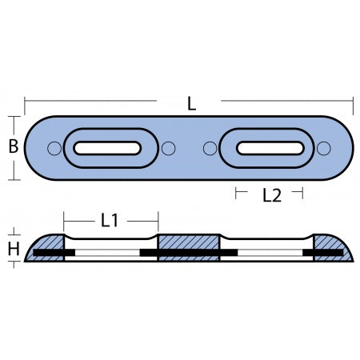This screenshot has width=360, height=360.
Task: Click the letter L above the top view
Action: click(x=192, y=103)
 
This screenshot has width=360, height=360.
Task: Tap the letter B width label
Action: click(x=12, y=147)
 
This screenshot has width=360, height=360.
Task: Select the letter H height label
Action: click(x=13, y=249)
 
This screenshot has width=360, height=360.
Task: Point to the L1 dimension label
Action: click(x=111, y=218)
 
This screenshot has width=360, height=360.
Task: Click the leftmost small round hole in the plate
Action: click(x=54, y=149)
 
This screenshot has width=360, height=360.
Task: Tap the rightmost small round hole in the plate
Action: click(x=323, y=149)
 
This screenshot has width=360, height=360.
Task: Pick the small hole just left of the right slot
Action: click(x=210, y=149)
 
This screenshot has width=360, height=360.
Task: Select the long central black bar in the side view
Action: click(x=189, y=254)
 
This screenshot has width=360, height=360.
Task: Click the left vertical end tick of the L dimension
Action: click(x=26, y=104)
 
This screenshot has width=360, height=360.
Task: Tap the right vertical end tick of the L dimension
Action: click(x=354, y=104)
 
